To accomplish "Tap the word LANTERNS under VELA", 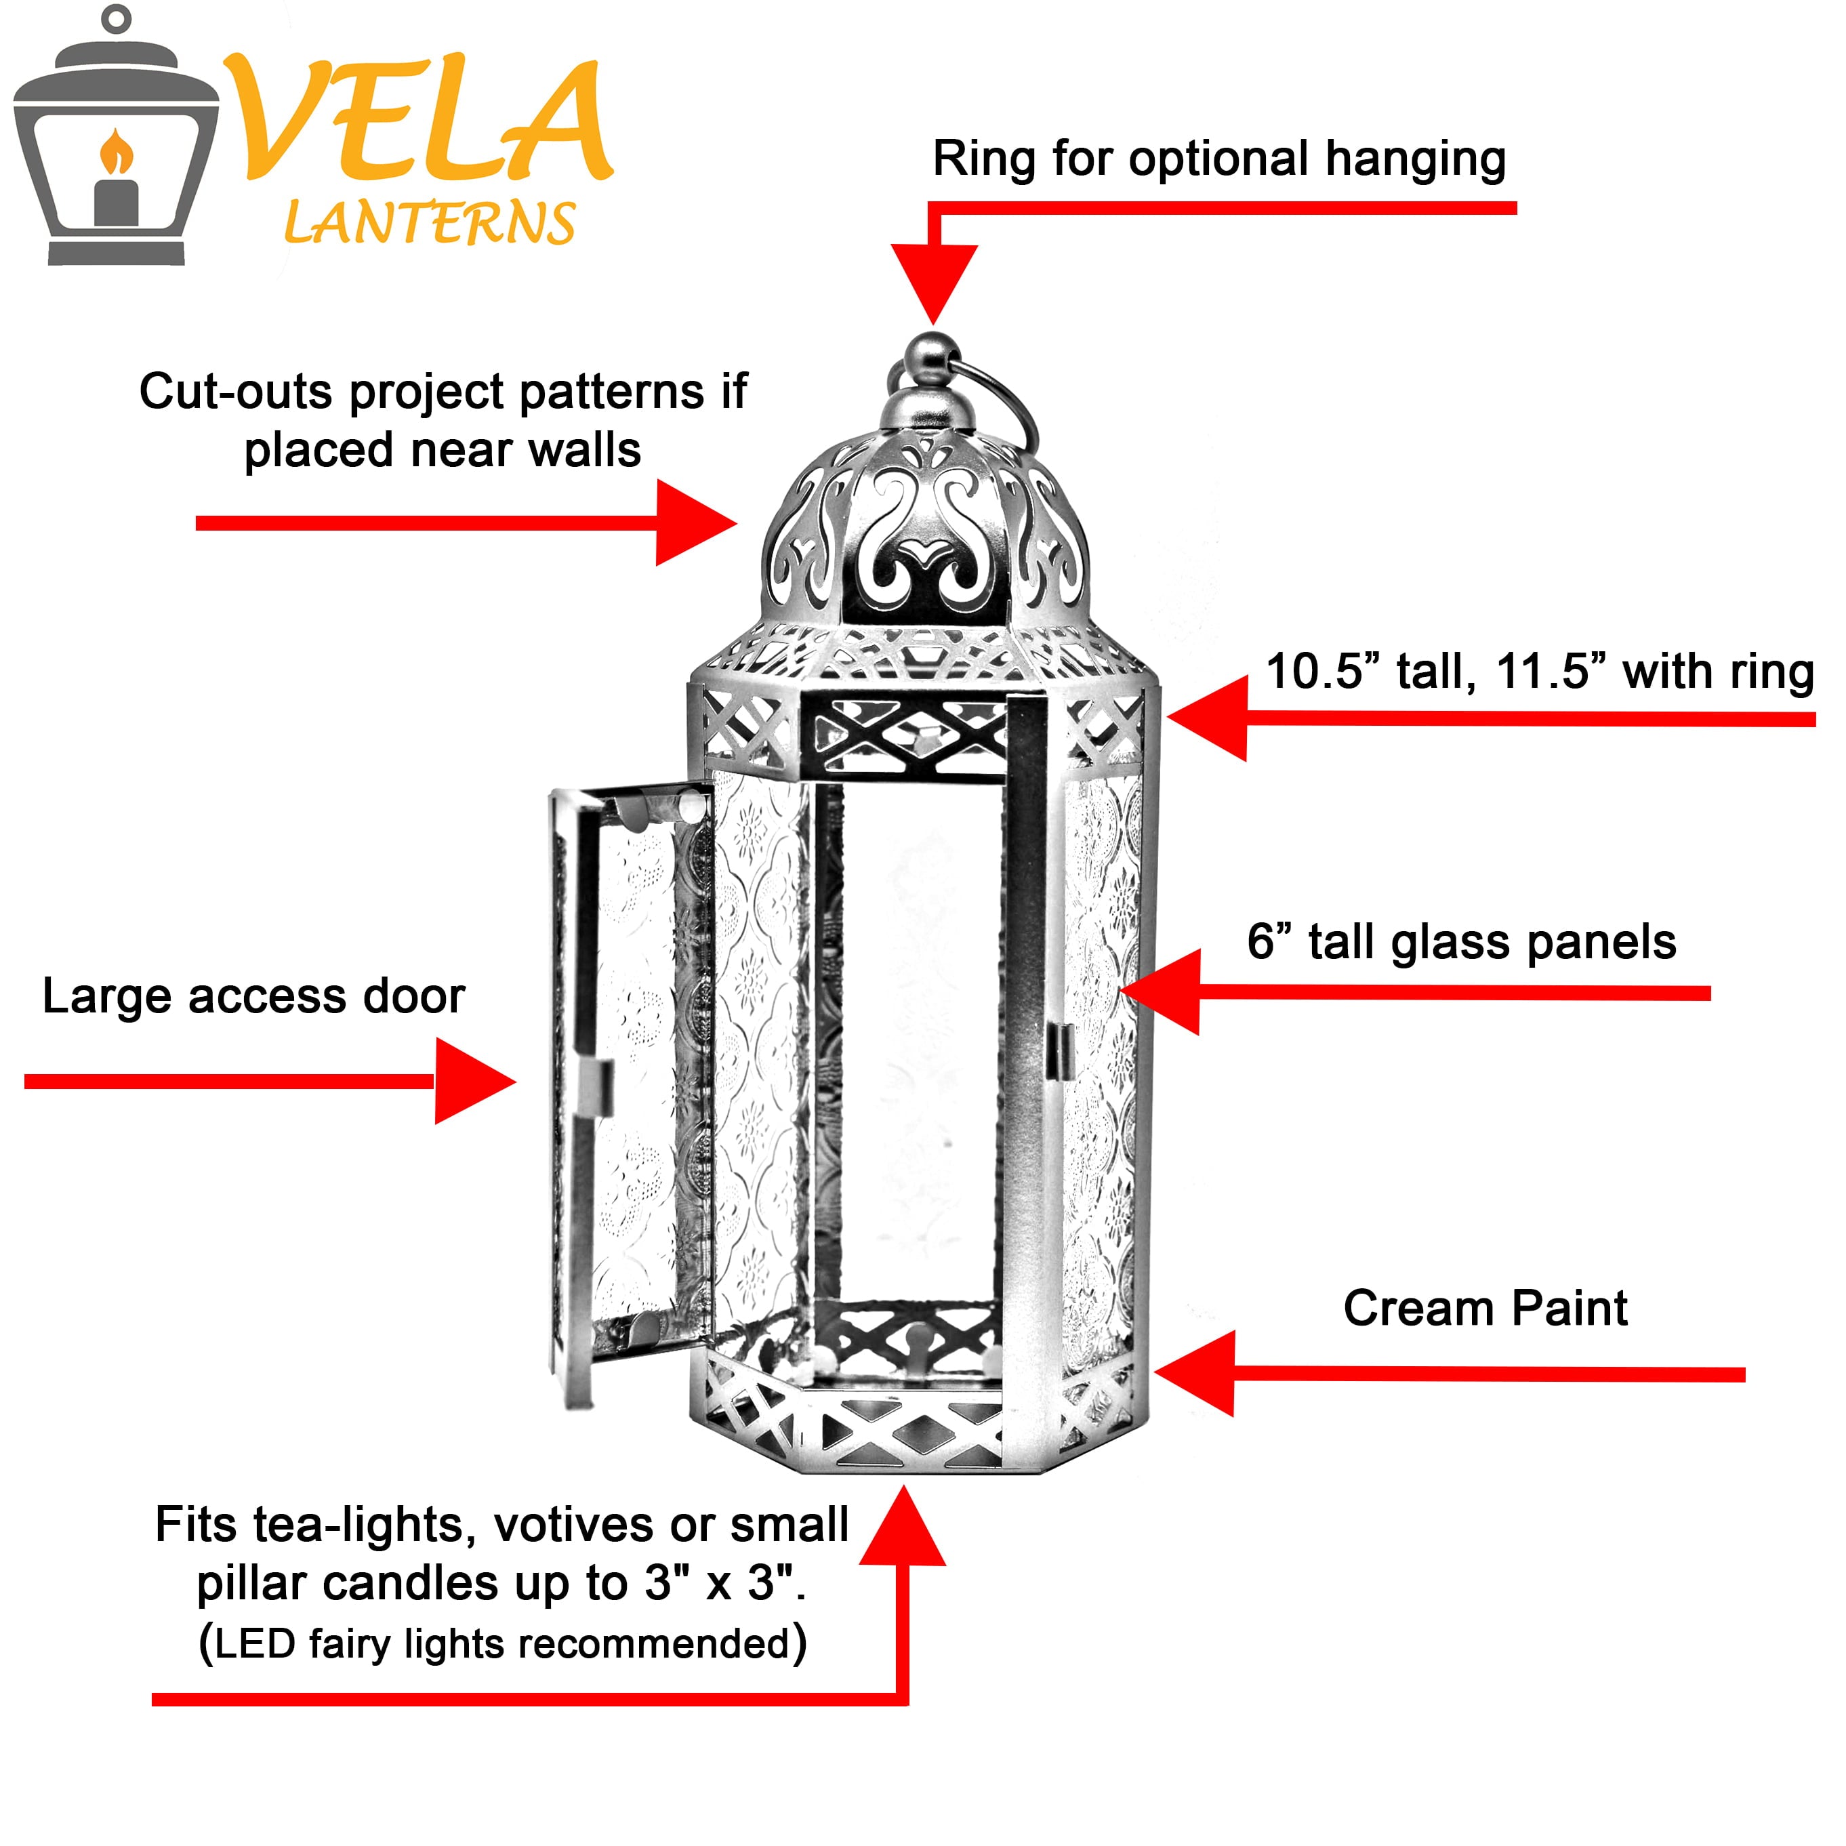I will [x=430, y=224].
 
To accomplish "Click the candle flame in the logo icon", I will [x=116, y=153].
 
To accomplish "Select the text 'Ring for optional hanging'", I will [x=1218, y=159].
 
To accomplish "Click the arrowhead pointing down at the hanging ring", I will [x=934, y=282].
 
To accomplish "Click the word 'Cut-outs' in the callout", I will [x=239, y=392].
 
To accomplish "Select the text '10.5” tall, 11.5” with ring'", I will [x=1539, y=672].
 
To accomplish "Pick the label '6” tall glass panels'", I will [x=1461, y=942].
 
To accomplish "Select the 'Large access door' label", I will [x=253, y=997].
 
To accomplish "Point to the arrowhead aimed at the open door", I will [x=473, y=1082].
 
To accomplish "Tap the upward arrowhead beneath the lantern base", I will [x=902, y=1529].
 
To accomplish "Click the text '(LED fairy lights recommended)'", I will [x=503, y=1643].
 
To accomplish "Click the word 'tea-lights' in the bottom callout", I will [x=364, y=1525].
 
